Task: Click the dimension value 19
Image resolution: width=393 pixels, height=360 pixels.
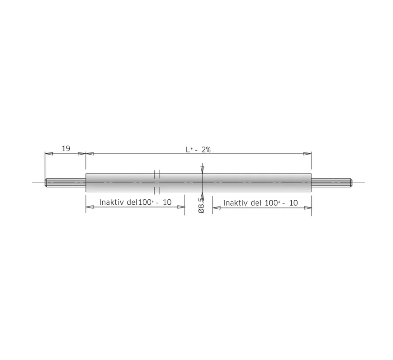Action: [66, 148]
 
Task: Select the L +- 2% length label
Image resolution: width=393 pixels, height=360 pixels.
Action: [198, 149]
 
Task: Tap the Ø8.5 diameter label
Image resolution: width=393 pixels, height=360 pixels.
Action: [201, 205]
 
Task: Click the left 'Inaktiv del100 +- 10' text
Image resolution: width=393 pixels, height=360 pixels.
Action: [136, 202]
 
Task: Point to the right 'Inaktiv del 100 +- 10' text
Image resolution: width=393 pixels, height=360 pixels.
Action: [260, 203]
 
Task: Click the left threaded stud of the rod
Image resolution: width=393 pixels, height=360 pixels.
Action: [65, 183]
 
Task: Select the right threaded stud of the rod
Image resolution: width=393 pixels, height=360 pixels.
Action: [332, 182]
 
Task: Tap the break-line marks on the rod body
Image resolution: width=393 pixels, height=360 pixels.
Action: [157, 182]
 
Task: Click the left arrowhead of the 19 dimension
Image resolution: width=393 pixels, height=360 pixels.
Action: [49, 154]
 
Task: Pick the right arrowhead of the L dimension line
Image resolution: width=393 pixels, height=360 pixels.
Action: [307, 154]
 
